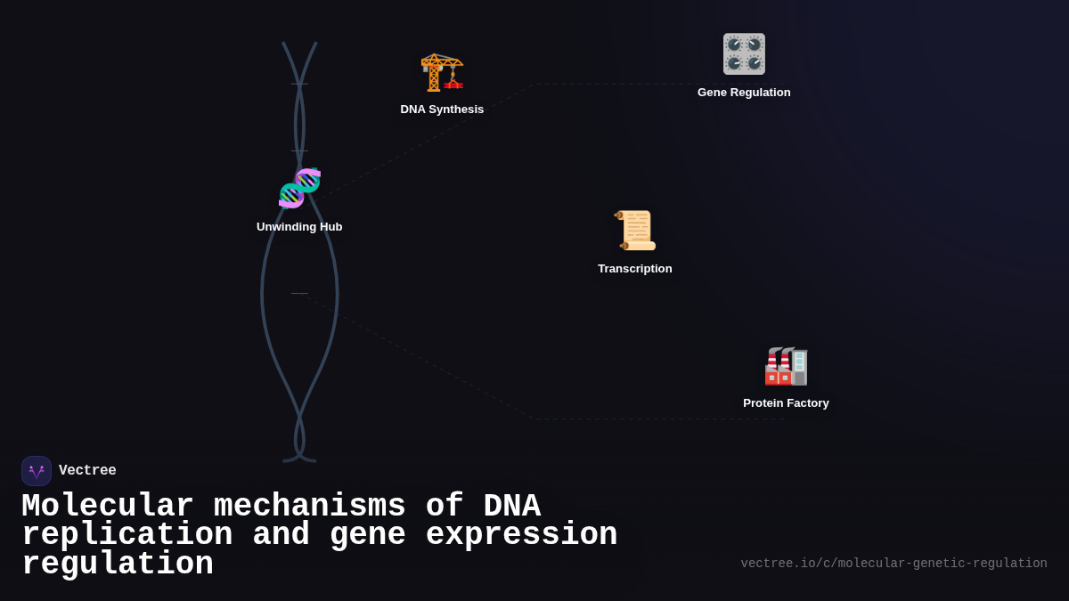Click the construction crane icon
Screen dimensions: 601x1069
442,72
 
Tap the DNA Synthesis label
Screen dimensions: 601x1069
442,110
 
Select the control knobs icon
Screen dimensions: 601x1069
744,54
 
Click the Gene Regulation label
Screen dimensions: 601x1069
744,93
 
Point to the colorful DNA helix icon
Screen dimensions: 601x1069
299,188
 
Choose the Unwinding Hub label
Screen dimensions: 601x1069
299,227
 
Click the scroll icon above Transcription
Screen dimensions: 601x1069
635,231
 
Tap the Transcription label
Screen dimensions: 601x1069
635,269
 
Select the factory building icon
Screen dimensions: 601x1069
786,366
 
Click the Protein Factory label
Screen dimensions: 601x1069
786,403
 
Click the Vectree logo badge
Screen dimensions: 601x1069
37,471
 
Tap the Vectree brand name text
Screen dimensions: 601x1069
87,471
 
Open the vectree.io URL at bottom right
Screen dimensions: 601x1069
894,564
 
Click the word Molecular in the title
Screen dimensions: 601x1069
108,507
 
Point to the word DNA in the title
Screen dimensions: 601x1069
511,507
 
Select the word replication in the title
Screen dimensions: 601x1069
127,535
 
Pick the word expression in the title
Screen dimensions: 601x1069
521,535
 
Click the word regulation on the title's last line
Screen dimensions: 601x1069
118,564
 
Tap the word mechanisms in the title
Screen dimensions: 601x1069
309,507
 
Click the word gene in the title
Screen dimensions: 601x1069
367,535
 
